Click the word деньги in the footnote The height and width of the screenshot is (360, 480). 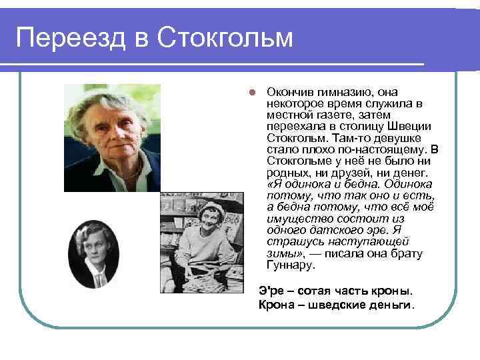392,305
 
